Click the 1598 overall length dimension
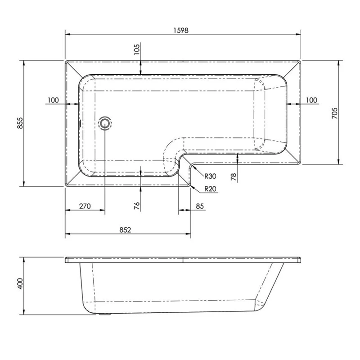pyautogui.click(x=181, y=30)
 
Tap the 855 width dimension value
pyautogui.click(x=20, y=123)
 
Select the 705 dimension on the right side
pyautogui.click(x=334, y=113)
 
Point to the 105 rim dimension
pyautogui.click(x=137, y=49)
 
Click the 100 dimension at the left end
pyautogui.click(x=53, y=100)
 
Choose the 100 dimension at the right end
pyautogui.click(x=311, y=100)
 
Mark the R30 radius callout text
pyautogui.click(x=210, y=176)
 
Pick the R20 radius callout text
pyautogui.click(x=210, y=189)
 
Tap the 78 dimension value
pyautogui.click(x=233, y=177)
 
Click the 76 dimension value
pyautogui.click(x=137, y=206)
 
